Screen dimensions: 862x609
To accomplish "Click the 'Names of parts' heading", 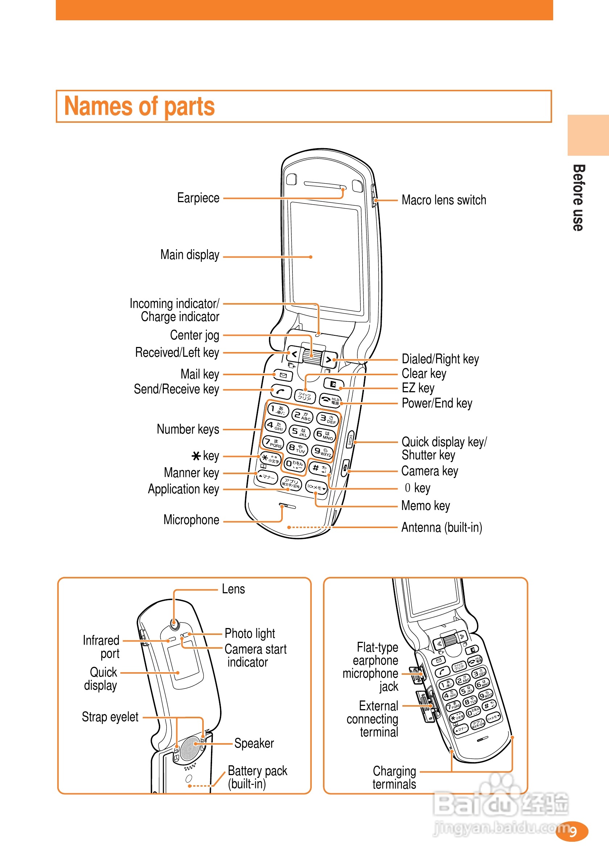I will coord(140,106).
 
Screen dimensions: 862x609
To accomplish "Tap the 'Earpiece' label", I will coord(198,198).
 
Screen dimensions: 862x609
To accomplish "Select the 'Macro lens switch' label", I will coord(444,200).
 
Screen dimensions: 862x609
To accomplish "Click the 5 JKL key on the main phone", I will coord(299,432).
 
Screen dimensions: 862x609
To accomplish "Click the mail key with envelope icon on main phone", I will coord(283,375).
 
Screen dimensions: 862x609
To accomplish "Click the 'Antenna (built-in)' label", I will coord(442,527).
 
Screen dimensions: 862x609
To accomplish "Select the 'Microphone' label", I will coord(191,520).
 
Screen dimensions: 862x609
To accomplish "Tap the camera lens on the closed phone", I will coord(174,624).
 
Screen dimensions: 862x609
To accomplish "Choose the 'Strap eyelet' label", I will coord(110,717).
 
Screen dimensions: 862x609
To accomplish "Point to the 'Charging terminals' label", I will coord(394,778).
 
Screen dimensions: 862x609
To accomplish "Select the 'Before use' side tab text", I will coord(578,197).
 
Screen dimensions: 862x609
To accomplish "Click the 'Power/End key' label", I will coord(436,403).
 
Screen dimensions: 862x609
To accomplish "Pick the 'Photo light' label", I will coord(250,634).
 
